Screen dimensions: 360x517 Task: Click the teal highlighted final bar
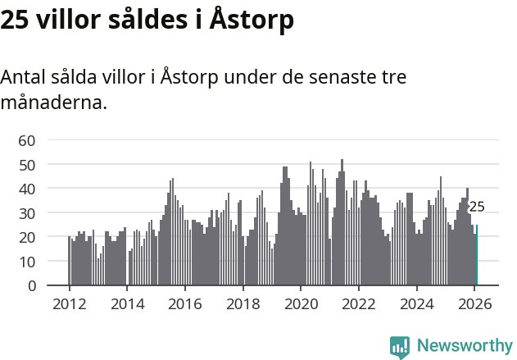(477, 255)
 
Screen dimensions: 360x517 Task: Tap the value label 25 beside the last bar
(477, 207)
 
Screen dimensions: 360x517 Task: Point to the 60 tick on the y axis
(27, 140)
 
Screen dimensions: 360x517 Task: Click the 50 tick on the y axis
(27, 165)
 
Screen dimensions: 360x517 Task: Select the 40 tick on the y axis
(27, 189)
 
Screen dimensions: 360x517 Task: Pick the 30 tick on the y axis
(27, 213)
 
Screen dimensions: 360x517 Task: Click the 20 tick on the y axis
(27, 237)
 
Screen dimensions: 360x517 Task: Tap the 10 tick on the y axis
(27, 262)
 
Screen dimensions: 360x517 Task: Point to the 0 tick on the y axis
(31, 285)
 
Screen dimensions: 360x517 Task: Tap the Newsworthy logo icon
(400, 347)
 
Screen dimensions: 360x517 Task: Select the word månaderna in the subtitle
(54, 103)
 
